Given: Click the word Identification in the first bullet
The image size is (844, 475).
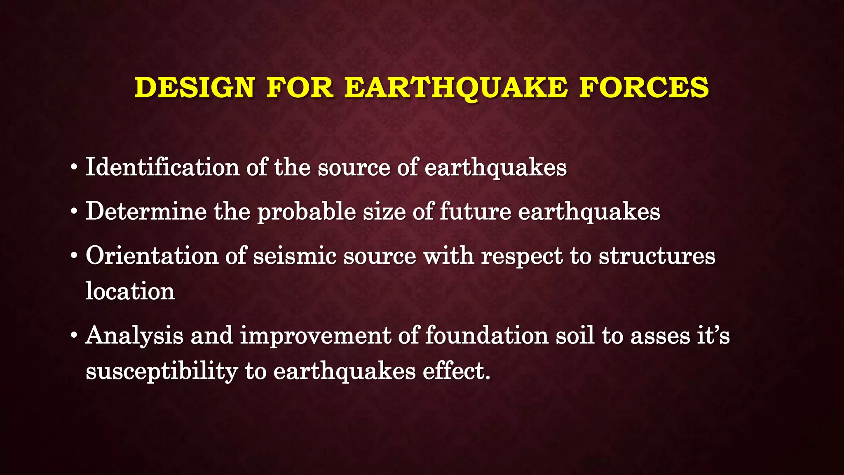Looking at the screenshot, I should (162, 167).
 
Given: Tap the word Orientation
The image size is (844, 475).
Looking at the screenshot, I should (152, 256).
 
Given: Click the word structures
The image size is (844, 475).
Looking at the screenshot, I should (657, 256).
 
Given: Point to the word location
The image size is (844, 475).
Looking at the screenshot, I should (130, 291).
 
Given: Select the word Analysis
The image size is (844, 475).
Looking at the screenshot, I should (134, 336).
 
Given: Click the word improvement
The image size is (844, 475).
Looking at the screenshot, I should (315, 336).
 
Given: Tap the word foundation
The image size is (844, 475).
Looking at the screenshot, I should (487, 335).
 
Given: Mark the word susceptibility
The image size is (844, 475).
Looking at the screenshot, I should (162, 371).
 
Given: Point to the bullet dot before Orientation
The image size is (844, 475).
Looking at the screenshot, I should (74, 256).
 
